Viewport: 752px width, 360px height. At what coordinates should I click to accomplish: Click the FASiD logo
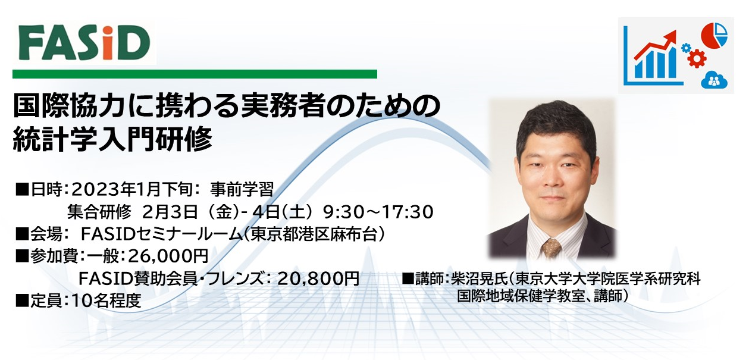coord(84,43)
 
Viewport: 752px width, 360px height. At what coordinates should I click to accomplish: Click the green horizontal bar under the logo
coord(195,74)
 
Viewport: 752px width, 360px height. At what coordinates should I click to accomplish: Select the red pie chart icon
coord(714,36)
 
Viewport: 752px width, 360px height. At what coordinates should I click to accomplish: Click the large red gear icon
coord(697,58)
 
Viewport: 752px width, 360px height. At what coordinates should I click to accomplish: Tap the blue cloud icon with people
coord(714,80)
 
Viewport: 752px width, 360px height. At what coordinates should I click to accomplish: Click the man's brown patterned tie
coord(552,248)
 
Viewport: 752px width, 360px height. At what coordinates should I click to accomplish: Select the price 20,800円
coord(319,278)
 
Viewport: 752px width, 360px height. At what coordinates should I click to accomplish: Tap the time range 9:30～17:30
coord(378,212)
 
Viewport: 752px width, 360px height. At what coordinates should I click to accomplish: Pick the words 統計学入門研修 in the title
coord(113,139)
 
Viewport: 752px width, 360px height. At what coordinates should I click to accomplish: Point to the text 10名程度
coord(106,300)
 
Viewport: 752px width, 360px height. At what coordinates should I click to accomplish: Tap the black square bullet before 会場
coord(22,234)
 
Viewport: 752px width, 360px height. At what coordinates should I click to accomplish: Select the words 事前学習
coord(242,189)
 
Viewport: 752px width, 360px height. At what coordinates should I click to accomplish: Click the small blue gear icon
coord(686,48)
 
